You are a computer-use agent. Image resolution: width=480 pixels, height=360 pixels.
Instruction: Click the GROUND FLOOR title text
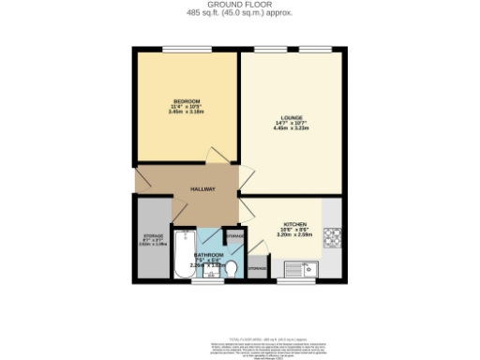click(239, 5)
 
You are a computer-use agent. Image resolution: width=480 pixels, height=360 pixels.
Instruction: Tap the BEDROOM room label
click(186, 100)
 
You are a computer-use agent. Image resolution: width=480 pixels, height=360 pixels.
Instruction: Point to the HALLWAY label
click(203, 188)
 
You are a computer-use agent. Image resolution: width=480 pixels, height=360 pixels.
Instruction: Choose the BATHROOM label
click(208, 255)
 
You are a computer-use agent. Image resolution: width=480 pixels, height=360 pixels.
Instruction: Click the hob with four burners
click(332, 236)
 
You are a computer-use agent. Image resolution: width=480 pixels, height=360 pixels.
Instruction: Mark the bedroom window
click(186, 49)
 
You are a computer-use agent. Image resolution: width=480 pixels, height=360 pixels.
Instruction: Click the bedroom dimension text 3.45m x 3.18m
click(186, 112)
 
